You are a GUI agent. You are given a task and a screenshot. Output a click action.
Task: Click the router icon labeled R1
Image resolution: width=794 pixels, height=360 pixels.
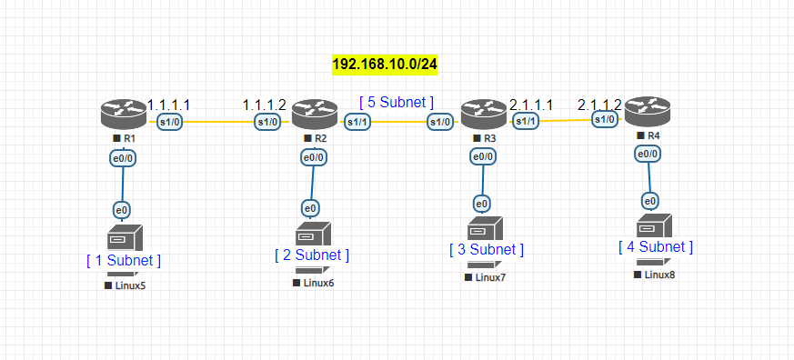(122, 115)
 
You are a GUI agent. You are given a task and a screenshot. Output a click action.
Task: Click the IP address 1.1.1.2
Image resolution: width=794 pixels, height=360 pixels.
(265, 105)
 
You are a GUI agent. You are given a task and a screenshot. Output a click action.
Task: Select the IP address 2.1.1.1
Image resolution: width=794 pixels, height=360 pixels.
(532, 105)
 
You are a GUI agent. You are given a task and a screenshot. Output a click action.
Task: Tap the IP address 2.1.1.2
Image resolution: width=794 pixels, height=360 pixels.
(599, 105)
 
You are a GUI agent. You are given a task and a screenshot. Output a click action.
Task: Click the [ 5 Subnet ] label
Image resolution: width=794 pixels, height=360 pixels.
(397, 102)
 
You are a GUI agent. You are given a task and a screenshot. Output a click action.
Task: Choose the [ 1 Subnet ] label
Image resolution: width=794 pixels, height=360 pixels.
(124, 261)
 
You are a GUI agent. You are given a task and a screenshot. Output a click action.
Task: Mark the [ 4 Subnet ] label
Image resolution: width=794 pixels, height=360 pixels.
(656, 246)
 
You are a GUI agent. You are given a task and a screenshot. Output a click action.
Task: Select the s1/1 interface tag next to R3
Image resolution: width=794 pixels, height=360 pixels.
(526, 122)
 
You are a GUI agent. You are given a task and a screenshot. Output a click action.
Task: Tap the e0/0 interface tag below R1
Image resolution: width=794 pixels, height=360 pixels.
(124, 157)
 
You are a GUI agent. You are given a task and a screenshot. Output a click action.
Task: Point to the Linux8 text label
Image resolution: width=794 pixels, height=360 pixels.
(659, 274)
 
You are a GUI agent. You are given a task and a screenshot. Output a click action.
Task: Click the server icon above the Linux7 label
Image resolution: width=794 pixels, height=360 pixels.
(483, 228)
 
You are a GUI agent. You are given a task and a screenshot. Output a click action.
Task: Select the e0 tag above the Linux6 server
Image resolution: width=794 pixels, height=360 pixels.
(311, 208)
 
